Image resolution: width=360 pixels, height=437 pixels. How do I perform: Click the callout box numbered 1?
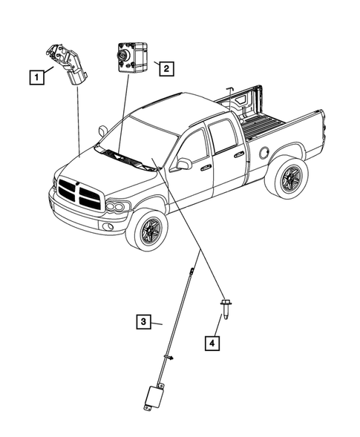click(x=37, y=77)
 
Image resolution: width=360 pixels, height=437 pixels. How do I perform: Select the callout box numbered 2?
click(x=166, y=68)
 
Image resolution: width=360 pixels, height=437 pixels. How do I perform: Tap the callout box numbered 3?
click(x=143, y=321)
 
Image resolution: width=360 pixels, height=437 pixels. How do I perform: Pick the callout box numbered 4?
click(x=212, y=343)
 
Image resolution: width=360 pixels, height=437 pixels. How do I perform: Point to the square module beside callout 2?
click(x=133, y=57)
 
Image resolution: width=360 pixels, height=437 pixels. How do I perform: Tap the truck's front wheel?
click(x=147, y=229)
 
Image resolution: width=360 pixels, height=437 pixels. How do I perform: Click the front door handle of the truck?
click(x=206, y=168)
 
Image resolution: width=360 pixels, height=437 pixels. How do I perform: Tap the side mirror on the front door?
click(x=183, y=163)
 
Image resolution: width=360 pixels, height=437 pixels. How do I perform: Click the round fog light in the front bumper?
click(x=108, y=226)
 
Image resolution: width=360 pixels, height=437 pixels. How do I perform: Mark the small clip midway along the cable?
click(x=168, y=357)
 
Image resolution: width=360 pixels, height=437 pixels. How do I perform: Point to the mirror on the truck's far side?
click(x=103, y=131)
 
